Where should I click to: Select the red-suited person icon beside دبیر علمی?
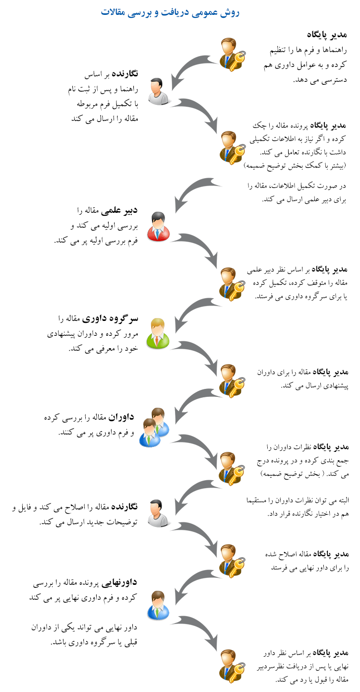point(158,226)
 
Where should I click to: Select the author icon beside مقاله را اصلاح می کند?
point(159,513)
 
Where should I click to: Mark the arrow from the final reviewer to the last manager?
point(196,630)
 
